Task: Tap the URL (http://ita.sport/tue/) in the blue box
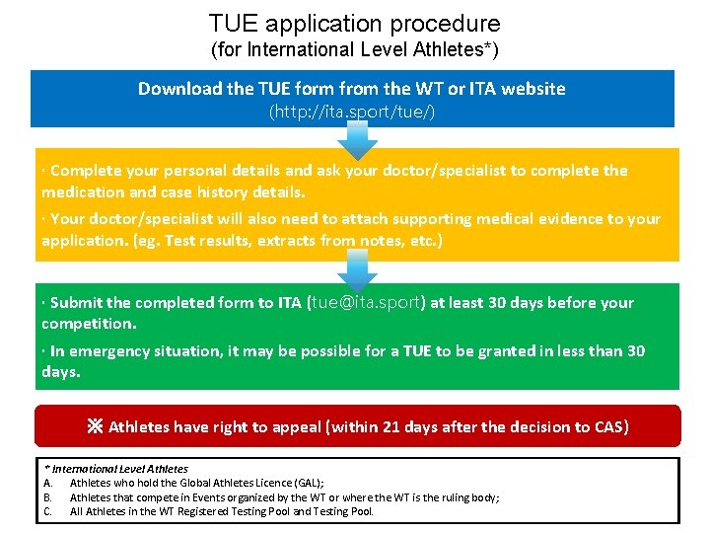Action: [352, 112]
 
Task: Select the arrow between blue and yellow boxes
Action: [357, 145]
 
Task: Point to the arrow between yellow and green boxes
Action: [357, 269]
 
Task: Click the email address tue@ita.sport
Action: [366, 302]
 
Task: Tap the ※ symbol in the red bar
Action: [95, 427]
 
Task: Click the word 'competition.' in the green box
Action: [89, 324]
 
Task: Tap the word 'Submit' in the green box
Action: [76, 303]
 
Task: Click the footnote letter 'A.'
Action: [48, 483]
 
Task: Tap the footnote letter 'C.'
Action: [48, 512]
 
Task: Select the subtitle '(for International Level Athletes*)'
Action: [354, 49]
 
